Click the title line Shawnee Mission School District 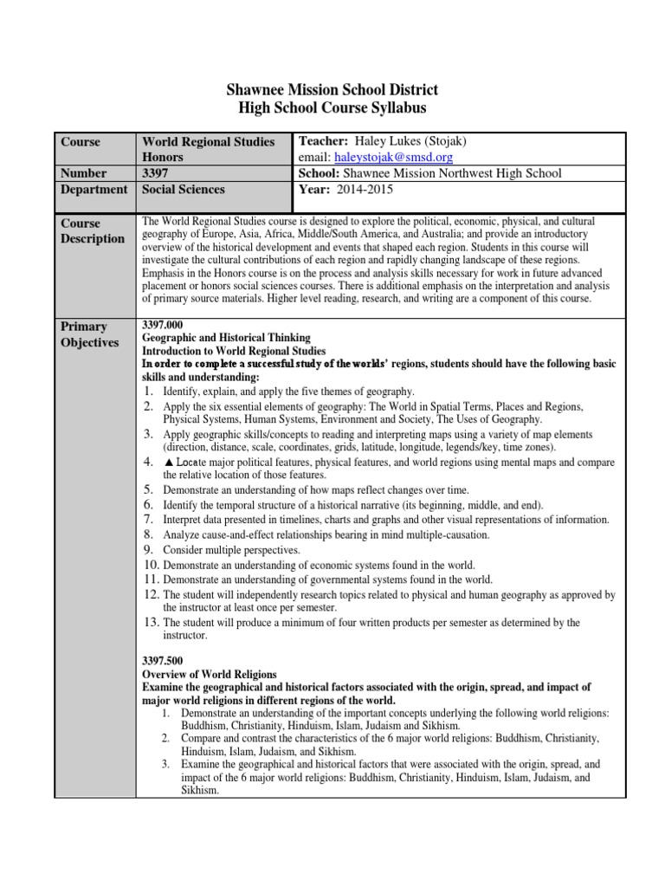[x=332, y=90]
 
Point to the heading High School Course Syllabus [x=332, y=108]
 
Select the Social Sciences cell [x=183, y=189]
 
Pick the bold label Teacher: [x=323, y=141]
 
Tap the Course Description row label [x=92, y=230]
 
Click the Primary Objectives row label [x=89, y=334]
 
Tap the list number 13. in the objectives [x=151, y=622]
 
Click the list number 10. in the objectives [x=151, y=565]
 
